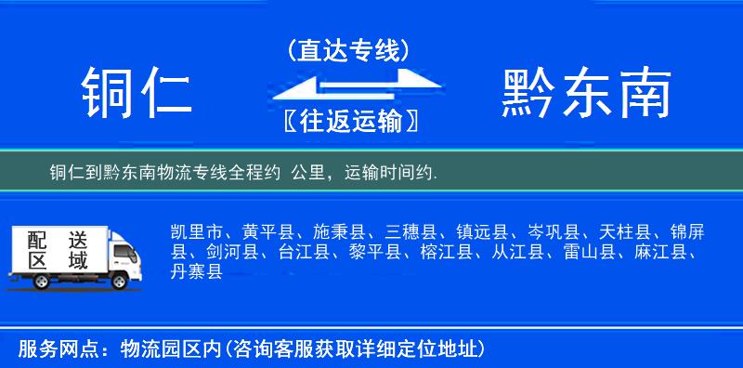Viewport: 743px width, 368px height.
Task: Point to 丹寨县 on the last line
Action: point(197,271)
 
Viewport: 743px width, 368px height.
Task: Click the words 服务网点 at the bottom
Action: point(46,348)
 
